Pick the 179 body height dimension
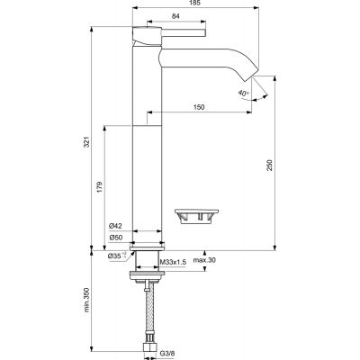click(100, 187)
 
